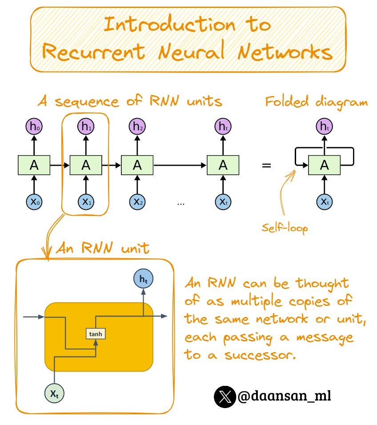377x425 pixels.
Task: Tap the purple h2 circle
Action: (137, 127)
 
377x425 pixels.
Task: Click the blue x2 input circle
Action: (137, 202)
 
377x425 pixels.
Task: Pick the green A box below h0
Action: (34, 165)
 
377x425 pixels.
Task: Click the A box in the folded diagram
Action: (325, 165)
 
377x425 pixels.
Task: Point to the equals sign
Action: (266, 166)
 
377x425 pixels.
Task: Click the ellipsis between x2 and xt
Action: (180, 203)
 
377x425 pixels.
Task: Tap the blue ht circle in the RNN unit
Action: (143, 279)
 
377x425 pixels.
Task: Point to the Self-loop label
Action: (285, 228)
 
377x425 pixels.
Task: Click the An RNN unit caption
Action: (102, 249)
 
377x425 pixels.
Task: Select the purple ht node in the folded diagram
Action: (325, 127)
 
